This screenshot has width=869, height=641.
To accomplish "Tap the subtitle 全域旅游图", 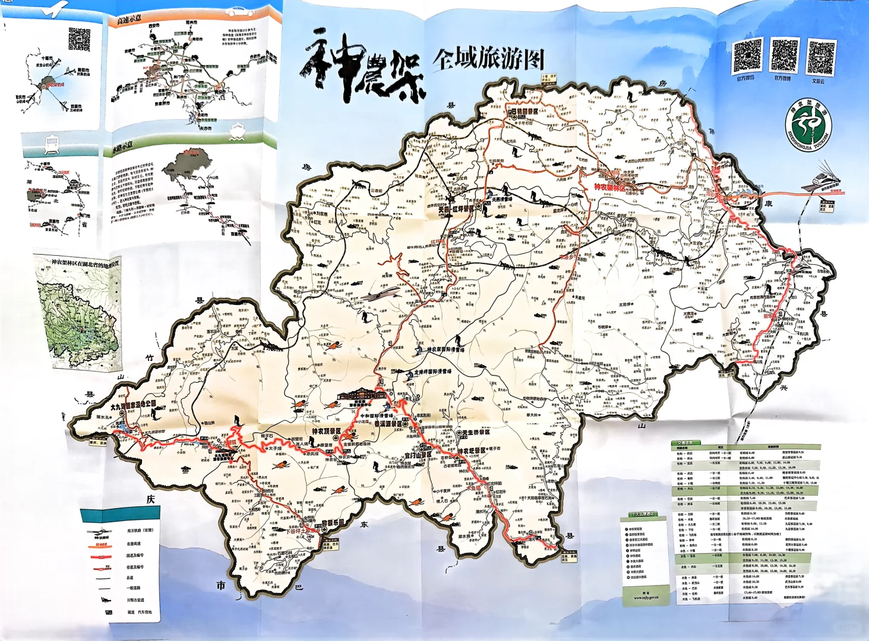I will coord(488,59).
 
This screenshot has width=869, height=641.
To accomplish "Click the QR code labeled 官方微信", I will coord(747,56).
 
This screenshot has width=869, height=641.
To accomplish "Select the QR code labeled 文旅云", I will coord(821,58).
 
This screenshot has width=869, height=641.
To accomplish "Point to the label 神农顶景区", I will coord(326,431).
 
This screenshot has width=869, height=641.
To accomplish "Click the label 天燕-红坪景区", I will coord(457,209).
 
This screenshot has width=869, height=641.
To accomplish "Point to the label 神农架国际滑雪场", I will coord(445,350).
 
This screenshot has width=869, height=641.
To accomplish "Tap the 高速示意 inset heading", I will coord(129,20).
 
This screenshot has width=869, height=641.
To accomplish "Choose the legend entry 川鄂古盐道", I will coord(135,600).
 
